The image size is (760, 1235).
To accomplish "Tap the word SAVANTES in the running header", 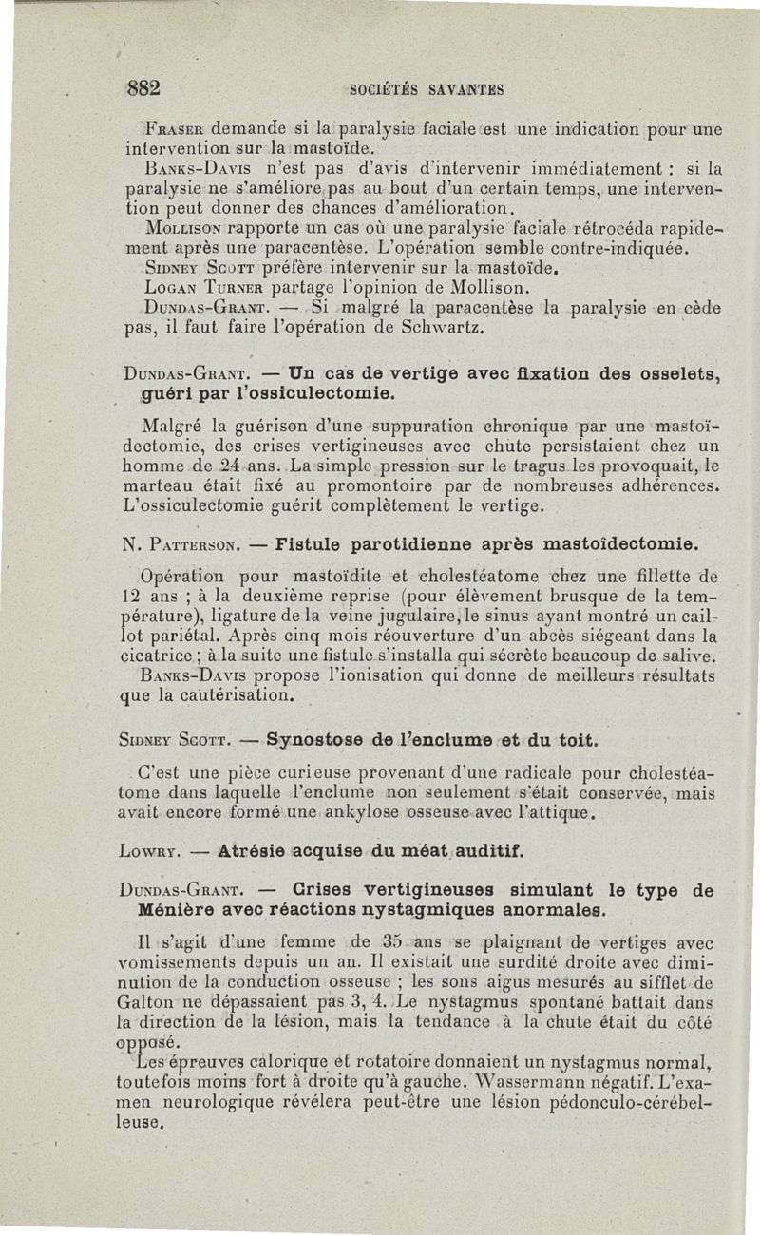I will point(466,91).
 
